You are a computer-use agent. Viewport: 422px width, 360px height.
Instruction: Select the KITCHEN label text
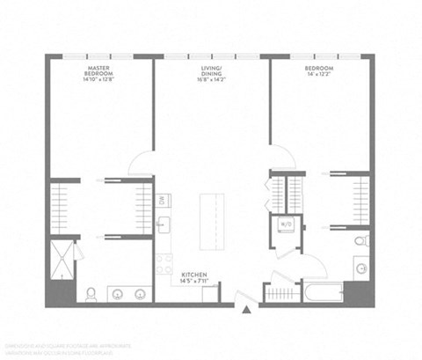pyautogui.click(x=194, y=275)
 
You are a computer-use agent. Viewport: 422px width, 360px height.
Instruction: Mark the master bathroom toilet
pyautogui.click(x=91, y=294)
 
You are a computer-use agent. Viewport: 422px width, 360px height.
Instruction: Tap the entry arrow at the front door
pyautogui.click(x=248, y=309)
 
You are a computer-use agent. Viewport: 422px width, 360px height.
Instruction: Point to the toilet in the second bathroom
pyautogui.click(x=360, y=239)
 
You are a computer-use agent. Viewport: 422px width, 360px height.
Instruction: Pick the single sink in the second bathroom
pyautogui.click(x=360, y=268)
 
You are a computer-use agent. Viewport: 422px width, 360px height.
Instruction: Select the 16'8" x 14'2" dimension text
pyautogui.click(x=211, y=77)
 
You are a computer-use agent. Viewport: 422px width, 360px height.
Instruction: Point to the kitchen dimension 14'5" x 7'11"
pyautogui.click(x=194, y=283)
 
